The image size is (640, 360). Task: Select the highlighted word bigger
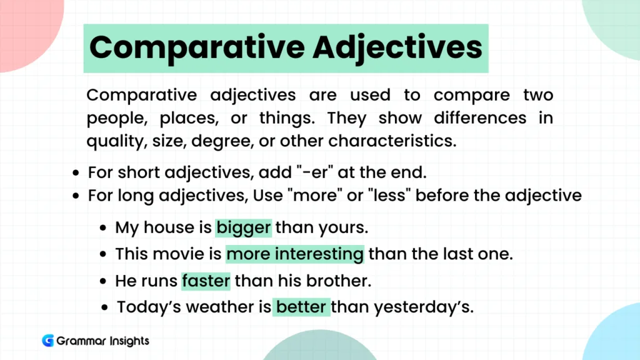coord(244,227)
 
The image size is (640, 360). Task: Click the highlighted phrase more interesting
coord(295,254)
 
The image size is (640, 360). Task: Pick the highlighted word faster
coord(206,281)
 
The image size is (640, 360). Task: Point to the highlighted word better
coord(301,307)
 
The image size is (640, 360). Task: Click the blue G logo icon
coord(47,341)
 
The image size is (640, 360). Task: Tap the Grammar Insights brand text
coord(102,341)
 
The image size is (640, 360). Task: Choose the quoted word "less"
coord(387,196)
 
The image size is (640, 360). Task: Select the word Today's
coord(147,307)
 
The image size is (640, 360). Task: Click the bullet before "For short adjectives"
coord(76,173)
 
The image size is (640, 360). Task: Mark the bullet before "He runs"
coord(103,282)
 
